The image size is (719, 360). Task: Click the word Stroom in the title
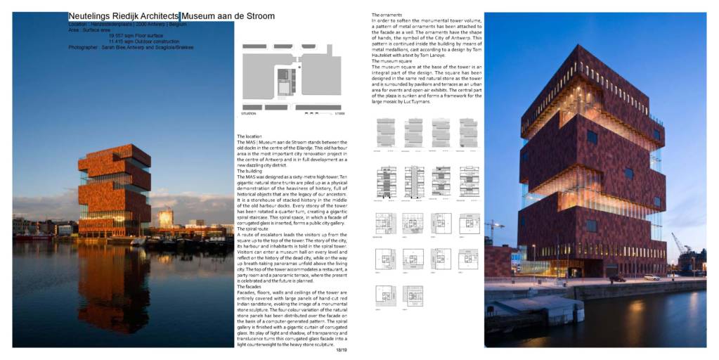(259, 16)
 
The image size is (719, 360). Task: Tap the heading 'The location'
(249, 136)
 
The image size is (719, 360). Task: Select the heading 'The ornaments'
(387, 15)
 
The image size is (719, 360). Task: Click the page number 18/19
(342, 349)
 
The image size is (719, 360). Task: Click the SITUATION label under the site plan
(249, 113)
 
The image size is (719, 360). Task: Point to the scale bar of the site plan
(313, 112)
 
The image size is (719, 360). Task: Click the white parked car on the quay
(652, 277)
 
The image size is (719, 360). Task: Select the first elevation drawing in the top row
(385, 132)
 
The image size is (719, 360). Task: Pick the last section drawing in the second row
(469, 181)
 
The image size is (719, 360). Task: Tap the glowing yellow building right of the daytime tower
(166, 219)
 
